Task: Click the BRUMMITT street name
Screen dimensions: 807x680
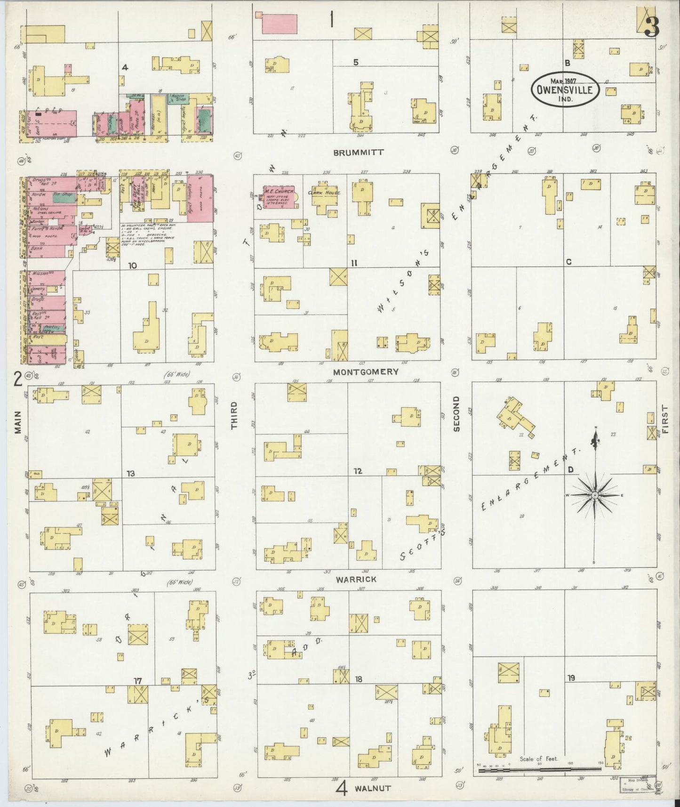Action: (359, 153)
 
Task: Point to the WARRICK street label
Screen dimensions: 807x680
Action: (356, 580)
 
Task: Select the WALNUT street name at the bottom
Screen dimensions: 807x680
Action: (372, 788)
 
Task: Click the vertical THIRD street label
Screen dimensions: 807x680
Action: (235, 415)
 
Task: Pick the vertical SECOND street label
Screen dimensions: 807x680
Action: (456, 413)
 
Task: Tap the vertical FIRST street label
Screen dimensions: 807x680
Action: (664, 419)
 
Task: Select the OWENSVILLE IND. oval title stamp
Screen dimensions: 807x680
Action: (565, 89)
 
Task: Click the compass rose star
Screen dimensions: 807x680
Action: (595, 495)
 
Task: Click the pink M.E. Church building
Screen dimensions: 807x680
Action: (280, 197)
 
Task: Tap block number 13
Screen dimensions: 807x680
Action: (130, 473)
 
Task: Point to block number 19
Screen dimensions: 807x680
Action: (571, 678)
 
